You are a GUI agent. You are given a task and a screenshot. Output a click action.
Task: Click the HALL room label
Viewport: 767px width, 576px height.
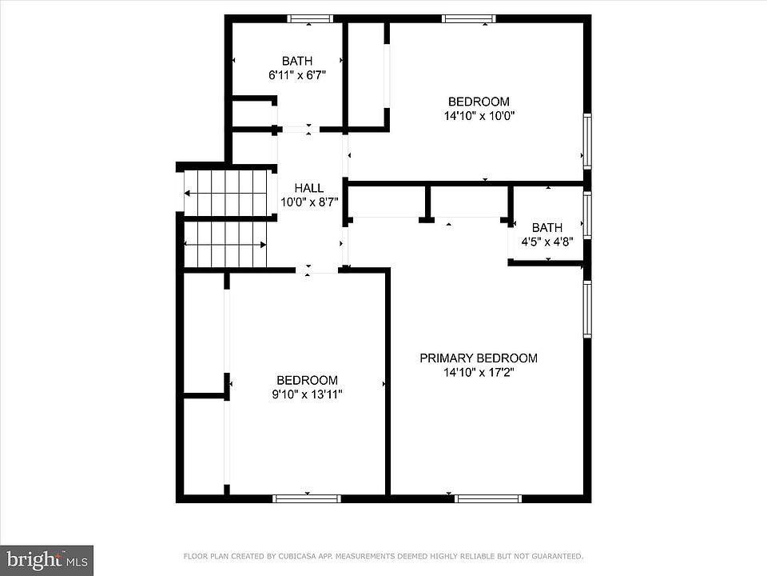[x=308, y=188]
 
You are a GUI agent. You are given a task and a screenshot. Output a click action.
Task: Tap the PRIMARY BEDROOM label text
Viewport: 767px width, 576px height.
[x=479, y=358]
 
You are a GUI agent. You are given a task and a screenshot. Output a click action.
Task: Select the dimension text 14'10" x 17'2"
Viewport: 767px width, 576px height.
[x=479, y=373]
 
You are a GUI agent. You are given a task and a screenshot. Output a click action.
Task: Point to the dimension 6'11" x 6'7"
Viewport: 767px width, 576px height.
[x=297, y=75]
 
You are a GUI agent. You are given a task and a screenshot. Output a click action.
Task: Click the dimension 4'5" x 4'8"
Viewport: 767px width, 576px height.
[x=546, y=242]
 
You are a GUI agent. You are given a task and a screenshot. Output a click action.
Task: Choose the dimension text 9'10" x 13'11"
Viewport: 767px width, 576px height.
[x=307, y=394]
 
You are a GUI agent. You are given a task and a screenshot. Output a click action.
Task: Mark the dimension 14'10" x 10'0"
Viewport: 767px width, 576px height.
[x=479, y=116]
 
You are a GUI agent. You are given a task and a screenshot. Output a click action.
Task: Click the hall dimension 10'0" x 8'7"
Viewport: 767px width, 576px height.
[x=309, y=202]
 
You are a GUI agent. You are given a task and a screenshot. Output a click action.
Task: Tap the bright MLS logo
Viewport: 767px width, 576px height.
[x=46, y=560]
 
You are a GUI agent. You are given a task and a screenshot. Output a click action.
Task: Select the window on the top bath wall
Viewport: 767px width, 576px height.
[x=309, y=18]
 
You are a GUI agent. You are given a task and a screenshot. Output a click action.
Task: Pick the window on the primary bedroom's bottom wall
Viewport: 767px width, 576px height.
[x=487, y=498]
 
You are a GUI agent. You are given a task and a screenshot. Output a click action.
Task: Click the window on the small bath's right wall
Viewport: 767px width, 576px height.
[x=587, y=215]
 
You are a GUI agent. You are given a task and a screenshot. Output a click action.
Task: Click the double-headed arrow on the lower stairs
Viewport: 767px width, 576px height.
[x=225, y=245]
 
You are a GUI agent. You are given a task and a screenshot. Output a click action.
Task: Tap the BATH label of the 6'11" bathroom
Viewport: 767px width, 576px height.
[x=297, y=62]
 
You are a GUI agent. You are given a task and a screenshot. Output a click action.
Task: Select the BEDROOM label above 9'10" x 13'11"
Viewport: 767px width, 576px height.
[x=307, y=381]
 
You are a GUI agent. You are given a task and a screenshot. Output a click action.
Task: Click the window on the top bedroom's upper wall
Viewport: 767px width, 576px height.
[x=469, y=18]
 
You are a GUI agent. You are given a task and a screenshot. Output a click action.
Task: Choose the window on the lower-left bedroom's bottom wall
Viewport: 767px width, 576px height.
[x=307, y=498]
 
